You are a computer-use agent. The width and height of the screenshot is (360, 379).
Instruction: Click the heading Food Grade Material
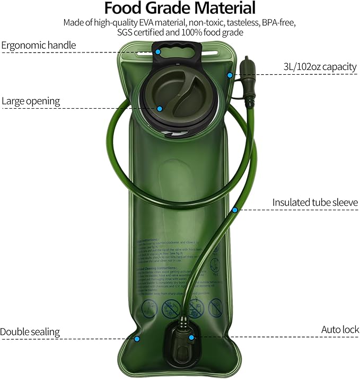point(180,8)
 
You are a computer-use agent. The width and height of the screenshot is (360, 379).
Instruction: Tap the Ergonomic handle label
point(39,45)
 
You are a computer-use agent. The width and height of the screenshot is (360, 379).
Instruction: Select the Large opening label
point(31,101)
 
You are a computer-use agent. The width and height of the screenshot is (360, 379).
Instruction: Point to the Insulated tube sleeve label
point(315,202)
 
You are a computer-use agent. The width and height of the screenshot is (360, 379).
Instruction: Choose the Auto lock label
point(340,329)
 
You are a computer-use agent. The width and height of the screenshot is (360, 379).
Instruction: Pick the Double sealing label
point(30,332)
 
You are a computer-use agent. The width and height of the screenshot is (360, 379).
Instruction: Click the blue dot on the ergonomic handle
point(159,52)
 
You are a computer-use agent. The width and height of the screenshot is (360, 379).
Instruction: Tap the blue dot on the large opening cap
point(159,108)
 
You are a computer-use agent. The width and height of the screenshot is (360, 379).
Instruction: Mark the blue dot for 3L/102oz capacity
point(230,75)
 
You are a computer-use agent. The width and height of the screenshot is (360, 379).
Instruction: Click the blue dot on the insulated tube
point(234,210)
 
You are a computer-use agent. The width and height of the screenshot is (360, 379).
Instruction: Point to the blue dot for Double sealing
point(137,338)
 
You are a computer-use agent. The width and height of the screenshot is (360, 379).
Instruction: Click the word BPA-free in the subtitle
point(279,23)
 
